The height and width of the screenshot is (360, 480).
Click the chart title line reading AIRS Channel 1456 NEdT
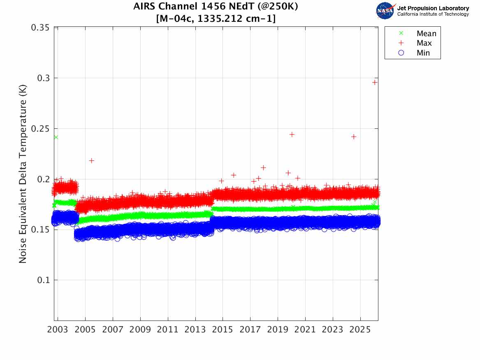click(216, 7)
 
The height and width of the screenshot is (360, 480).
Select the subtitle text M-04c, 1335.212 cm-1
click(216, 19)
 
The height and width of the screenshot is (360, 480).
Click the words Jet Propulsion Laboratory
click(433, 8)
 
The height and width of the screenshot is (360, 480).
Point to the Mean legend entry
click(417, 33)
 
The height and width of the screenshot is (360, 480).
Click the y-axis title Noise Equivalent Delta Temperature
click(23, 174)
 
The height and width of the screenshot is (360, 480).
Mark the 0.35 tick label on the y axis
click(40, 28)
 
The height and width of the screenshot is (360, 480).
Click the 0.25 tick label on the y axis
click(40, 128)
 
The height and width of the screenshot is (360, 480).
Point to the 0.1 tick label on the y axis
click(43, 280)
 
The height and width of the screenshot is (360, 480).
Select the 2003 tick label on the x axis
click(58, 330)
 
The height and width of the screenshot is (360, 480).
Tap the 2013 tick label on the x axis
click(195, 330)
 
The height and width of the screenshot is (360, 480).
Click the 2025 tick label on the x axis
click(360, 330)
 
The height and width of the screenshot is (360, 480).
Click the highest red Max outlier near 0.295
click(375, 82)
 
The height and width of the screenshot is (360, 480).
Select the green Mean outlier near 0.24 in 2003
click(56, 137)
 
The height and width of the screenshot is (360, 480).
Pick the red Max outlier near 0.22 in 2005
click(92, 161)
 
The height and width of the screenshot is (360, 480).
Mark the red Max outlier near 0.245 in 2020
click(292, 135)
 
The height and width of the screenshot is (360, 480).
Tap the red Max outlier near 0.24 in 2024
click(354, 137)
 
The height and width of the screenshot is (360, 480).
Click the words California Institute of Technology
click(433, 14)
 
